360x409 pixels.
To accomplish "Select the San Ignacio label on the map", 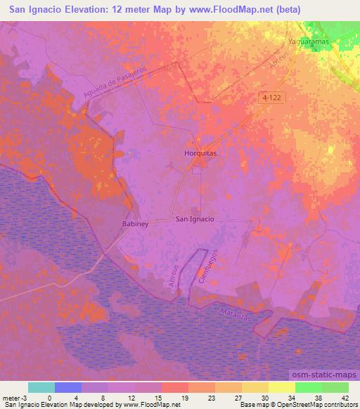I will pos(194,219).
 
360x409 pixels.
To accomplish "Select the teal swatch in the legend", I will pos(41,387).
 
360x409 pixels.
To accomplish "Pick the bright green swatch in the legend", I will pos(308,387).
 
